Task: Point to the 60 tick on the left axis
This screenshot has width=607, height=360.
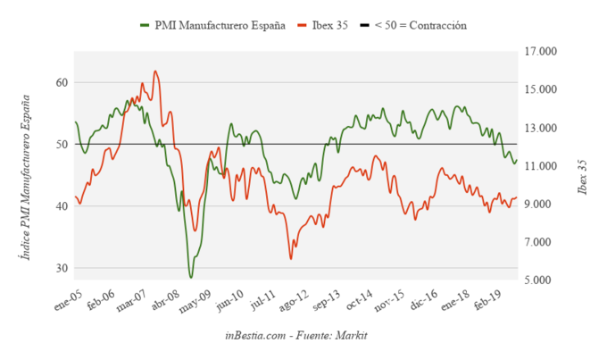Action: pyautogui.click(x=62, y=83)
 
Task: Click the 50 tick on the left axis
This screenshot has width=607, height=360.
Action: pyautogui.click(x=62, y=145)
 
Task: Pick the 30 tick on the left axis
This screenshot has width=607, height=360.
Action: pyautogui.click(x=62, y=268)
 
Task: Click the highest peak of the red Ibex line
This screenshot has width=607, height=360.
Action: pyautogui.click(x=155, y=71)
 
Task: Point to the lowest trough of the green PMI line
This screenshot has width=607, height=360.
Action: pyautogui.click(x=190, y=277)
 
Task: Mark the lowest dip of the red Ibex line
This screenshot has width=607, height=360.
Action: pyautogui.click(x=290, y=259)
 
